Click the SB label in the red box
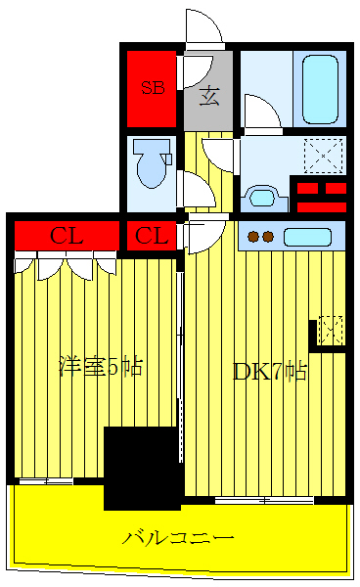pyautogui.click(x=152, y=87)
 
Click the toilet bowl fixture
pyautogui.click(x=153, y=162)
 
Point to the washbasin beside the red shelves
pyautogui.click(x=264, y=197)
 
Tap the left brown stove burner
pyautogui.click(x=253, y=236)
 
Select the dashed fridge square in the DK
pyautogui.click(x=331, y=330)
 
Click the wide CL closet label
pyautogui.click(x=67, y=236)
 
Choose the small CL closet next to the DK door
pyautogui.click(x=151, y=236)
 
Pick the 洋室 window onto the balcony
pyautogui.click(x=47, y=480)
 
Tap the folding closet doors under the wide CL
pyautogui.click(x=67, y=265)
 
